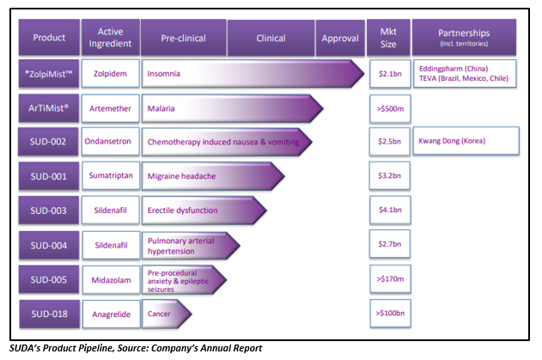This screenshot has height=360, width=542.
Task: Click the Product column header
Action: (x=49, y=37)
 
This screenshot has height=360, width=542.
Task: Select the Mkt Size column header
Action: (x=388, y=37)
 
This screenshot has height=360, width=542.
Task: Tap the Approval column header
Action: (x=340, y=38)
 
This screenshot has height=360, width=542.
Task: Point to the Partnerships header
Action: (x=464, y=37)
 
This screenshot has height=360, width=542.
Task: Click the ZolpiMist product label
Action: (x=49, y=74)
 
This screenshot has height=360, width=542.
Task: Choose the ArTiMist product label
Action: (x=49, y=108)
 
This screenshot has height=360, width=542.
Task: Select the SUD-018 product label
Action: (x=50, y=314)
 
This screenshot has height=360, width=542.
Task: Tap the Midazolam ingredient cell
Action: (x=112, y=280)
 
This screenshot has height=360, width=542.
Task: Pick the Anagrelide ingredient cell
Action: (x=112, y=314)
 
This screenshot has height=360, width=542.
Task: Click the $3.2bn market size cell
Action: (x=390, y=175)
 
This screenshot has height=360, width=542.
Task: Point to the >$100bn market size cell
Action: (x=390, y=314)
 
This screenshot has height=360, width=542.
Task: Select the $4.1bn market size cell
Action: (x=390, y=210)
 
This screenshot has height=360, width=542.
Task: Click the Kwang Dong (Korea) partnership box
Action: (x=466, y=141)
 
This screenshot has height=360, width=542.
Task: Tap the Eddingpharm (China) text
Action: (x=454, y=69)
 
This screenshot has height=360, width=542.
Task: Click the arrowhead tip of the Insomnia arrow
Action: (x=364, y=73)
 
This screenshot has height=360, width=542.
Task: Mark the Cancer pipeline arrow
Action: (x=167, y=314)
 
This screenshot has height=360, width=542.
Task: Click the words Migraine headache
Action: (x=181, y=176)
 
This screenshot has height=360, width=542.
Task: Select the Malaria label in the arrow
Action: (x=161, y=108)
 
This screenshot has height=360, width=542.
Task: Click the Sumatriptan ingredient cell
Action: (x=111, y=175)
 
